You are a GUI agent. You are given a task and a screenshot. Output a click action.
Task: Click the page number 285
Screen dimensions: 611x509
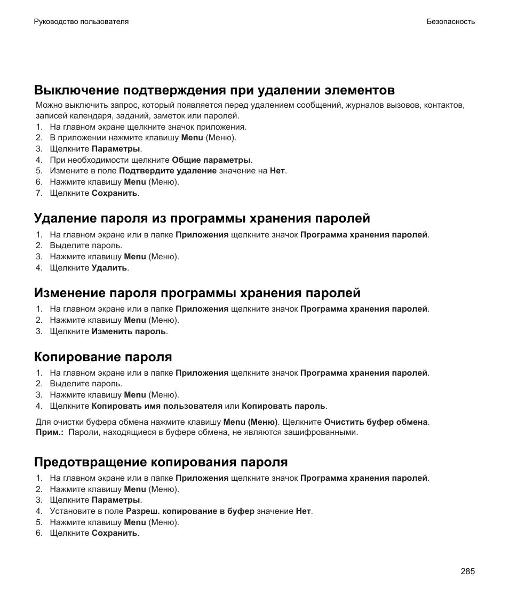pyautogui.click(x=467, y=572)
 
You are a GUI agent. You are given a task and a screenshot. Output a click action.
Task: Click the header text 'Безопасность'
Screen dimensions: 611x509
pyautogui.click(x=450, y=22)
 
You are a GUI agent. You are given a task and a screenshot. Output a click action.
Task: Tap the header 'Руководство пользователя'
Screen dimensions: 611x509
pyautogui.click(x=81, y=22)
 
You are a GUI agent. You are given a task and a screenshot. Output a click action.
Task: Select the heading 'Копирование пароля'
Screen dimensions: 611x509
pyautogui.click(x=103, y=356)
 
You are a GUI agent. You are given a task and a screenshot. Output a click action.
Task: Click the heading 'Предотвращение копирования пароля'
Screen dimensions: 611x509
pyautogui.click(x=161, y=462)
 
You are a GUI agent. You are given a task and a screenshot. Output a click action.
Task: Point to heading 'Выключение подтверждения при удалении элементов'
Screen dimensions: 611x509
pyautogui.click(x=214, y=89)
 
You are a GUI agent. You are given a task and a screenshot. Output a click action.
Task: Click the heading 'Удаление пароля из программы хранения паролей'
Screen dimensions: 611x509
pyautogui.click(x=202, y=218)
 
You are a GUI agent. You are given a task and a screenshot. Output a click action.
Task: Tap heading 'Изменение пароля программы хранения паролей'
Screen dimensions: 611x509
pyautogui.click(x=197, y=293)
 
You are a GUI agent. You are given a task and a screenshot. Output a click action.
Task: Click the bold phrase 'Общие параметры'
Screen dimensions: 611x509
pyautogui.click(x=211, y=160)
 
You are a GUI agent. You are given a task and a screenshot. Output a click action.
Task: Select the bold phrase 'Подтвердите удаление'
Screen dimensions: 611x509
pyautogui.click(x=168, y=171)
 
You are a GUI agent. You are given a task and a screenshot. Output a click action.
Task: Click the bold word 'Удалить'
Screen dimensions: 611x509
pyautogui.click(x=109, y=268)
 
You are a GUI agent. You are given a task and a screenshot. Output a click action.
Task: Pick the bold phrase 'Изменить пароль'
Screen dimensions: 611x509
pyautogui.click(x=129, y=331)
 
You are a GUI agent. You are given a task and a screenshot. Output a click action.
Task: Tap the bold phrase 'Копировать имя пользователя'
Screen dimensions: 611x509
pyautogui.click(x=157, y=406)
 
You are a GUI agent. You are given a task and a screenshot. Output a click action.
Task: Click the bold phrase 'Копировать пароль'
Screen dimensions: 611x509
pyautogui.click(x=283, y=406)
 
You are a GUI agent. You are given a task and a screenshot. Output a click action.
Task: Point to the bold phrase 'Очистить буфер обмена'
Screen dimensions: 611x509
pyautogui.click(x=376, y=422)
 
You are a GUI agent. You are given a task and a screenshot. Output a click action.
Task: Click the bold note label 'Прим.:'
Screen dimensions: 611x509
pyautogui.click(x=49, y=433)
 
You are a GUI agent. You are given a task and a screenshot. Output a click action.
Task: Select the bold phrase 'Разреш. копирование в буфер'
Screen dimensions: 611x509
pyautogui.click(x=190, y=511)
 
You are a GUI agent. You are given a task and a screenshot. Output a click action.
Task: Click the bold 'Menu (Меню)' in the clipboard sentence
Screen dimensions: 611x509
pyautogui.click(x=250, y=422)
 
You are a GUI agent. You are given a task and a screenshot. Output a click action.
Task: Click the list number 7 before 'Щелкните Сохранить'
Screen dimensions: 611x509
pyautogui.click(x=39, y=193)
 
